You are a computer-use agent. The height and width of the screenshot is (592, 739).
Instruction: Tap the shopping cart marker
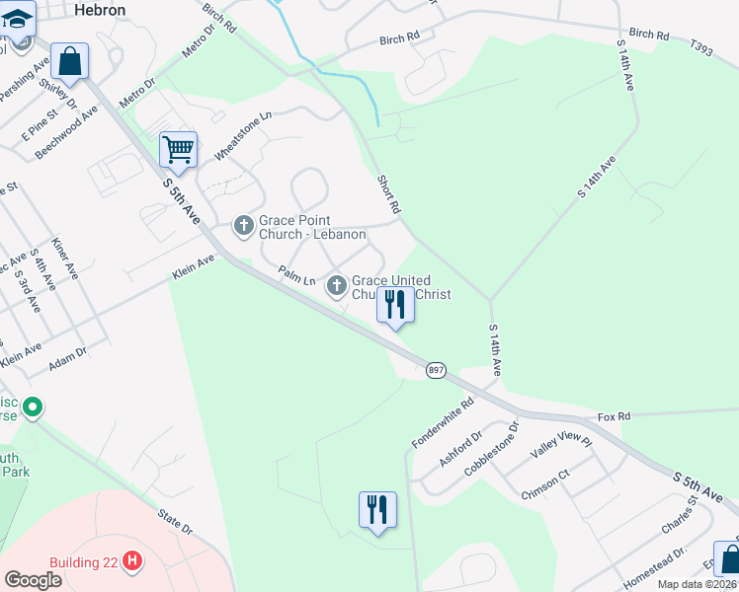(178, 150)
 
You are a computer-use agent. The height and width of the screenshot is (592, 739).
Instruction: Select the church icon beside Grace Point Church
(244, 227)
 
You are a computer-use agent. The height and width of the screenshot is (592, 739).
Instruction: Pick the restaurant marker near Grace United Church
(395, 305)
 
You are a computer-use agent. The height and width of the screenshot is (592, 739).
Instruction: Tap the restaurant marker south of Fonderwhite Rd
(377, 510)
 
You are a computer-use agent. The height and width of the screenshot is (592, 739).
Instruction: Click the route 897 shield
(437, 370)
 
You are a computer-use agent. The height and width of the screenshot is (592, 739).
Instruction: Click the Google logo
(33, 580)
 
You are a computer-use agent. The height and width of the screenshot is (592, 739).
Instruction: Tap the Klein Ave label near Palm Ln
(193, 265)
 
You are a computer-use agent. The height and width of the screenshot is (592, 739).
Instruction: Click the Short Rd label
(389, 194)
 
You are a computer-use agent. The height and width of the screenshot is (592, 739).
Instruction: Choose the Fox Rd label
(613, 416)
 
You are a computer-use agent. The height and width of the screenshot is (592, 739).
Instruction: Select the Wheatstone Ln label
(242, 137)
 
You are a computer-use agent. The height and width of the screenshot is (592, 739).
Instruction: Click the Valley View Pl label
(560, 446)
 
